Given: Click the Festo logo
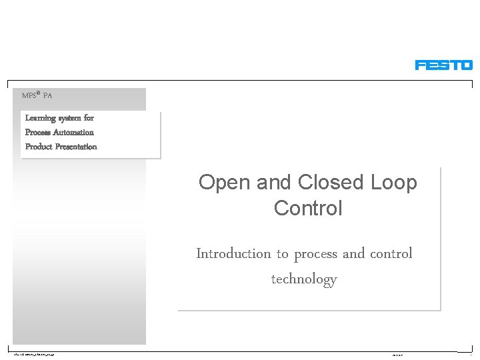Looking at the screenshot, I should (443, 65).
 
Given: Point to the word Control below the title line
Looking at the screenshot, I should (308, 208).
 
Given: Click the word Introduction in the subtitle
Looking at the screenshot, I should (233, 253).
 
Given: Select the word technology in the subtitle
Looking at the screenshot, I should (304, 279).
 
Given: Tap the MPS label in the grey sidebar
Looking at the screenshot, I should (30, 96).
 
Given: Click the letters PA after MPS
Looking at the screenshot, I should (47, 96).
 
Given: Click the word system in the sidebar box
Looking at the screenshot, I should (69, 118).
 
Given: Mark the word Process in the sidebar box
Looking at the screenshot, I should (37, 132).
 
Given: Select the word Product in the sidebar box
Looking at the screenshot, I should (38, 147).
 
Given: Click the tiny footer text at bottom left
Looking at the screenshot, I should (33, 354).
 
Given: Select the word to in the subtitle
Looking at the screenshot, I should (282, 254).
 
